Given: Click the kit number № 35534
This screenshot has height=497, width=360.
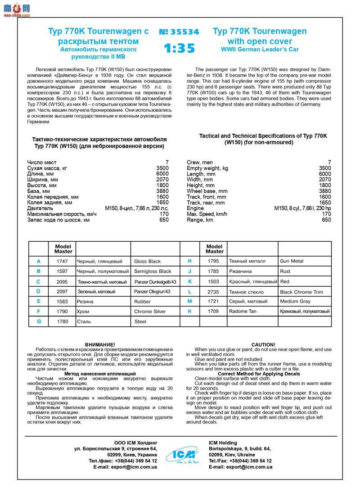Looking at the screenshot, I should point(179,32).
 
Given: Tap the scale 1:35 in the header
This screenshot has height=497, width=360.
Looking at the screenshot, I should point(179,48).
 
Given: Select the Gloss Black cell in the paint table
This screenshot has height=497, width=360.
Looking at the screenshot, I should point(147,261).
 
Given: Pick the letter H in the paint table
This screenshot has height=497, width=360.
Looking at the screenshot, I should point(189,261).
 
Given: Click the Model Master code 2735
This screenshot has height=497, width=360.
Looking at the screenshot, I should point(213,292).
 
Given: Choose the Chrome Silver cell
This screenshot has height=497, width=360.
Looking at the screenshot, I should point(150,312).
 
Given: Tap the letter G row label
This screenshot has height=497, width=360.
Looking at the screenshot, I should point(39,321).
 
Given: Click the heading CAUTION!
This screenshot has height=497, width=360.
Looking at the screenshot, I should point(263,344).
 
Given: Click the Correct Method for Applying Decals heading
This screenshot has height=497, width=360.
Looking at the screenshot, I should point(259,374).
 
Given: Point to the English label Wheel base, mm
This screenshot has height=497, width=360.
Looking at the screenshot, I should point(207,191).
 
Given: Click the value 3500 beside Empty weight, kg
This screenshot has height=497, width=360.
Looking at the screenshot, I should point(325,168).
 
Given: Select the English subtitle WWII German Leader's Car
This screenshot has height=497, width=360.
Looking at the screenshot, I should point(260,49).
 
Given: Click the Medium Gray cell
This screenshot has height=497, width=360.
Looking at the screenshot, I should point(295,301).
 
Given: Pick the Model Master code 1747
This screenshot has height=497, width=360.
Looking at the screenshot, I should point(63,261).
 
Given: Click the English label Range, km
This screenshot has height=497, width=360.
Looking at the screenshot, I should point(200,220).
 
